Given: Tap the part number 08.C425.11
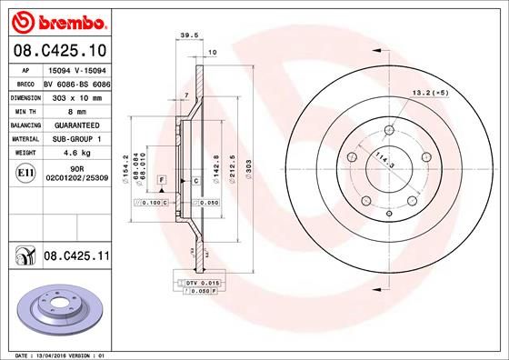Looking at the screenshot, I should [x=75, y=257].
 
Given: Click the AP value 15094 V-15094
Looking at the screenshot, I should [x=75, y=69].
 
